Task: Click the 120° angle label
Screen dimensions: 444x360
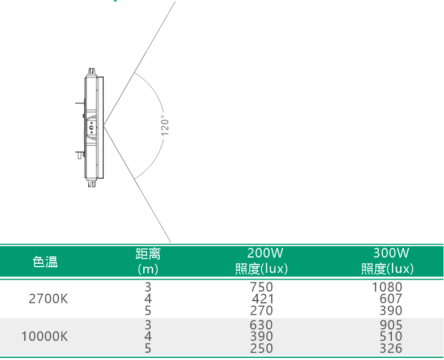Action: click(165, 126)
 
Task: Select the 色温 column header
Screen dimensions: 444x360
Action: click(45, 262)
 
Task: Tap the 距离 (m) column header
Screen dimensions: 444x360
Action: click(148, 262)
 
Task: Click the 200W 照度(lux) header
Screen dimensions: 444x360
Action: click(262, 261)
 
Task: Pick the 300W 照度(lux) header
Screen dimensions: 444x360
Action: click(387, 261)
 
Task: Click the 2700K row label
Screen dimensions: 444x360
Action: click(49, 299)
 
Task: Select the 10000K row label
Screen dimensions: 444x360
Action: click(44, 336)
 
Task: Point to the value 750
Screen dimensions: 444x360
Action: click(262, 287)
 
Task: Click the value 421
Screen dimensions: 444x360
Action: click(263, 299)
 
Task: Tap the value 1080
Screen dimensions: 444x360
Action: click(387, 287)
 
